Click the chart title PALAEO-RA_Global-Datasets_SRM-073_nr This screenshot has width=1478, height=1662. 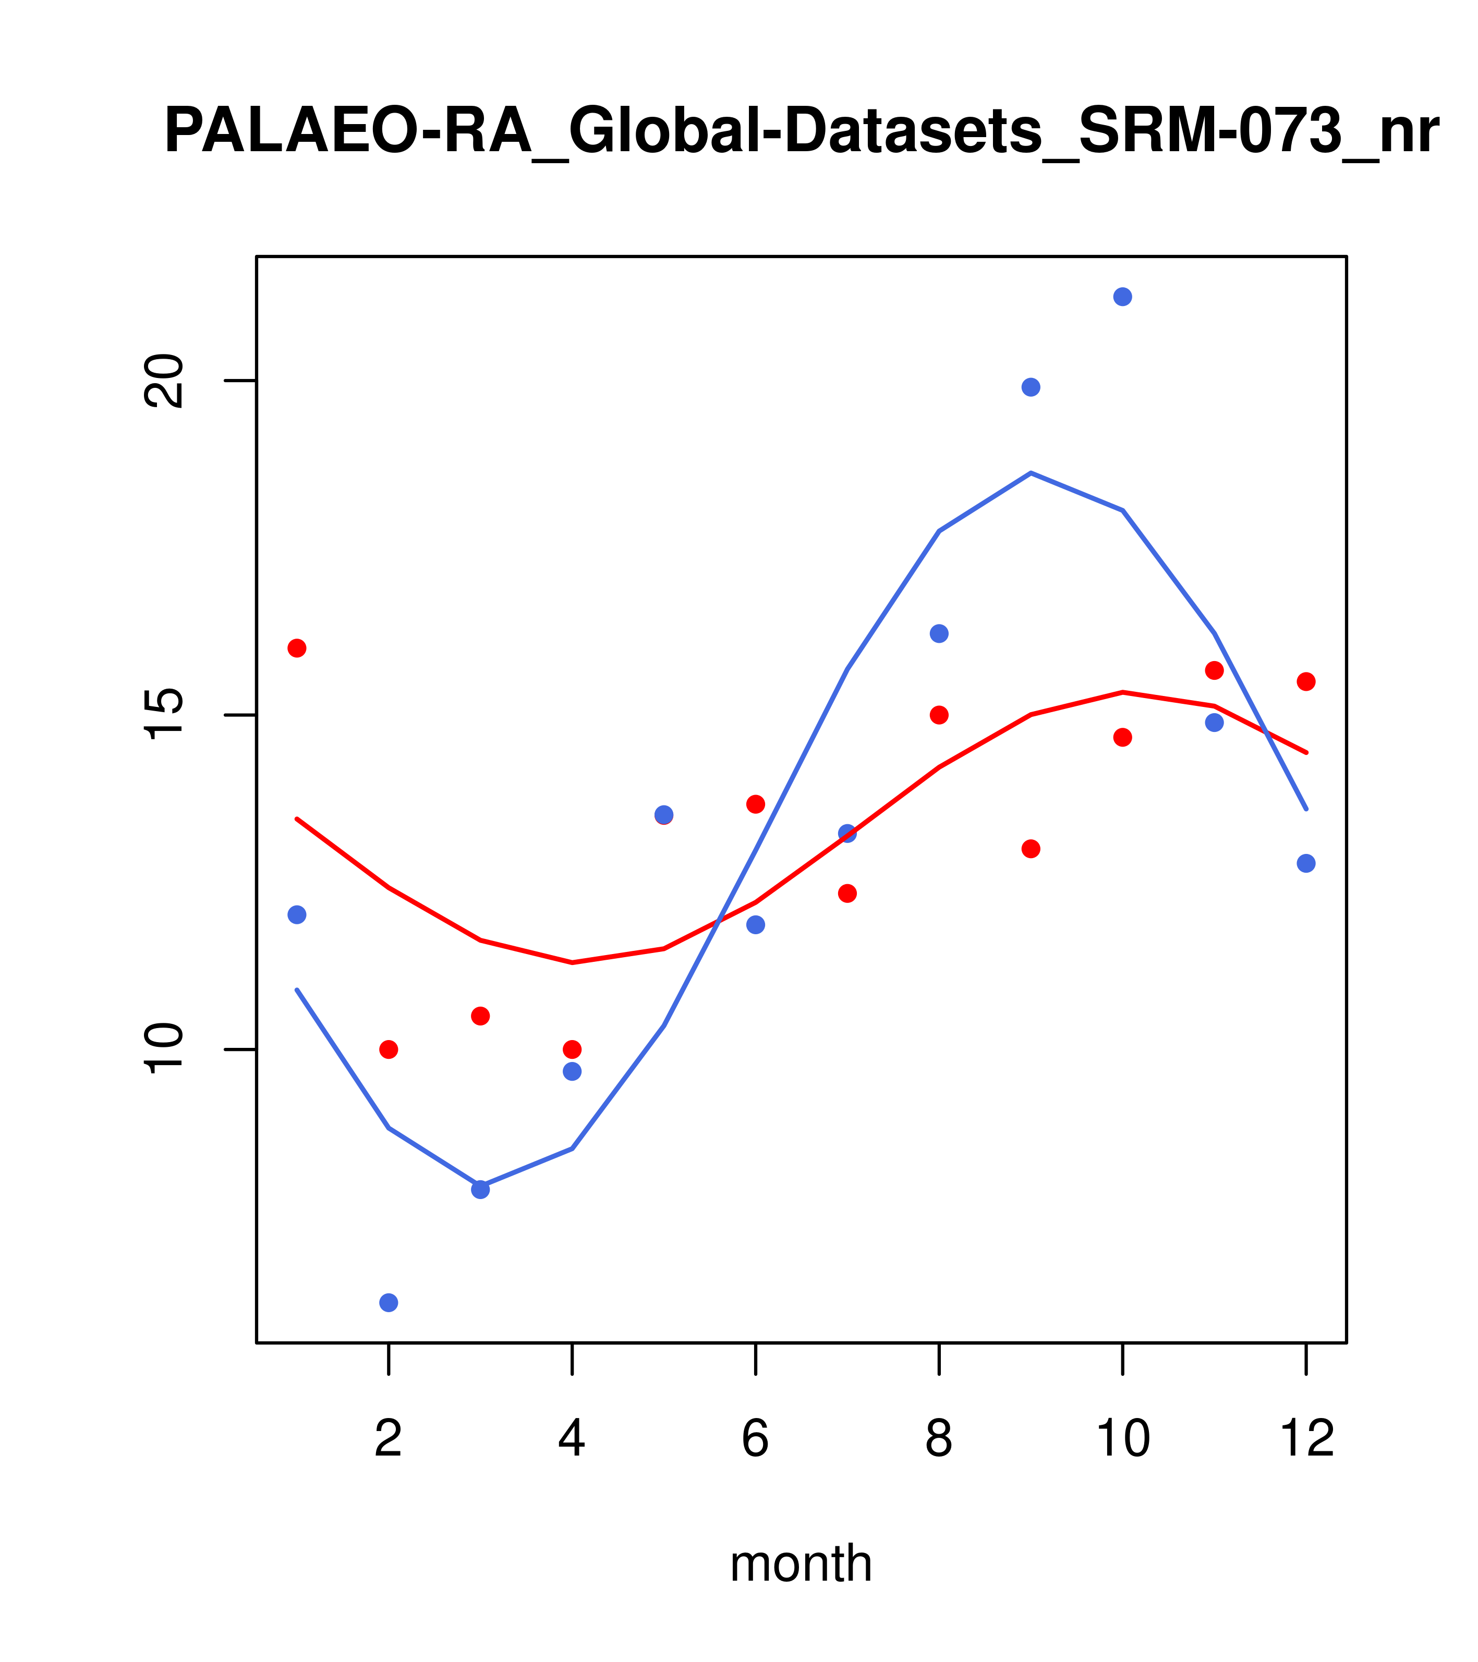click(x=801, y=132)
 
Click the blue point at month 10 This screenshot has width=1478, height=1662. click(x=1122, y=297)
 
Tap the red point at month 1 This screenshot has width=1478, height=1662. click(x=297, y=648)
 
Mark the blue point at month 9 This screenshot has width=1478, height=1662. click(x=1031, y=387)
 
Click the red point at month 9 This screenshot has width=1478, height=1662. click(x=1031, y=849)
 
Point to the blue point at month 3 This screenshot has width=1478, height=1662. click(x=481, y=1190)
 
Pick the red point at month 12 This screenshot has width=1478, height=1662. click(x=1306, y=681)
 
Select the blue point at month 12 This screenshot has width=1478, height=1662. click(x=1306, y=863)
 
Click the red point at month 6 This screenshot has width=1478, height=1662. click(x=756, y=804)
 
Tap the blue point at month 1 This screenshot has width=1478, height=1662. click(x=297, y=915)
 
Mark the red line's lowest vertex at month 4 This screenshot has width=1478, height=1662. click(x=573, y=963)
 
